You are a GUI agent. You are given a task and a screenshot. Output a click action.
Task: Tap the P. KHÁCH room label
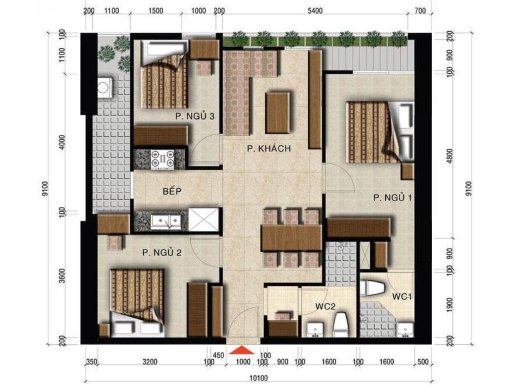[269, 149]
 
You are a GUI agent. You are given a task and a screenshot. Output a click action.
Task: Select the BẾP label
[172, 191]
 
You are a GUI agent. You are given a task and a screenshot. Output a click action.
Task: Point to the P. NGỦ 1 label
[392, 198]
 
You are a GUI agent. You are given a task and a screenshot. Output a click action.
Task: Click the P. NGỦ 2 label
[162, 253]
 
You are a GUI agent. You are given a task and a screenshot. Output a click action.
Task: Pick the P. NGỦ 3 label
[195, 116]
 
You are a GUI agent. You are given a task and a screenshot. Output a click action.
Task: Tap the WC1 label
[402, 297]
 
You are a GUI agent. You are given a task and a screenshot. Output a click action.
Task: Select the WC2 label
[326, 307]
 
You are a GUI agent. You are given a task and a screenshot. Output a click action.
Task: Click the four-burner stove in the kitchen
[162, 159]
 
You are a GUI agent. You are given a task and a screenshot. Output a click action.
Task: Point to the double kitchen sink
[166, 221]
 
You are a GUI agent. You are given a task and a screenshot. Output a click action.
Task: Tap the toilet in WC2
[341, 324]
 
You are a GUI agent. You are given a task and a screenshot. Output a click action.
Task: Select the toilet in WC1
[372, 288]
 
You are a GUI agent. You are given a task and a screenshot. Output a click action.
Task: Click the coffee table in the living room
[278, 113]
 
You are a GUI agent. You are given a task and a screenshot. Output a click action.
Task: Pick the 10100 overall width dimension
[258, 378]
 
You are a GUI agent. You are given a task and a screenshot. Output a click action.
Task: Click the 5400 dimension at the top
[315, 11]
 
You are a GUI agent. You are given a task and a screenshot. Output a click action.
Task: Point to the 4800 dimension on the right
[449, 155]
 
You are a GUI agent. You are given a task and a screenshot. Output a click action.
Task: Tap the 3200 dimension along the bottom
[149, 362]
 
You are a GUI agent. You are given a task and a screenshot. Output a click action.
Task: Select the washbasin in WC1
[405, 330]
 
